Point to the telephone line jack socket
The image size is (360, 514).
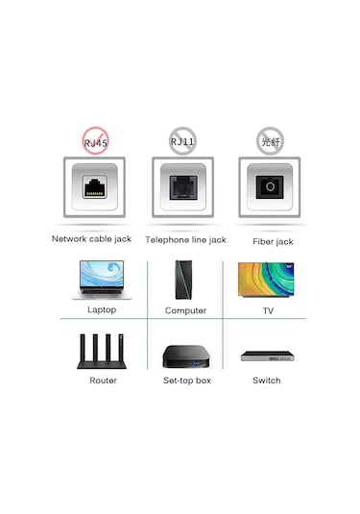coord(181,188)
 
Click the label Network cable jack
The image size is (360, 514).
coord(91,239)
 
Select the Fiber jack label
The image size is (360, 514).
coord(273,241)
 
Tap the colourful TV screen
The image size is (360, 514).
coord(267,280)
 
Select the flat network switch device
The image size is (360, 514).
coord(267,356)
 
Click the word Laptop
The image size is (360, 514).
coord(102,311)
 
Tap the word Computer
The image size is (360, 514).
coord(185,311)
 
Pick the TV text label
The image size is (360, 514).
coord(268,311)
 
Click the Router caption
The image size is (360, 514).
coord(103,381)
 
